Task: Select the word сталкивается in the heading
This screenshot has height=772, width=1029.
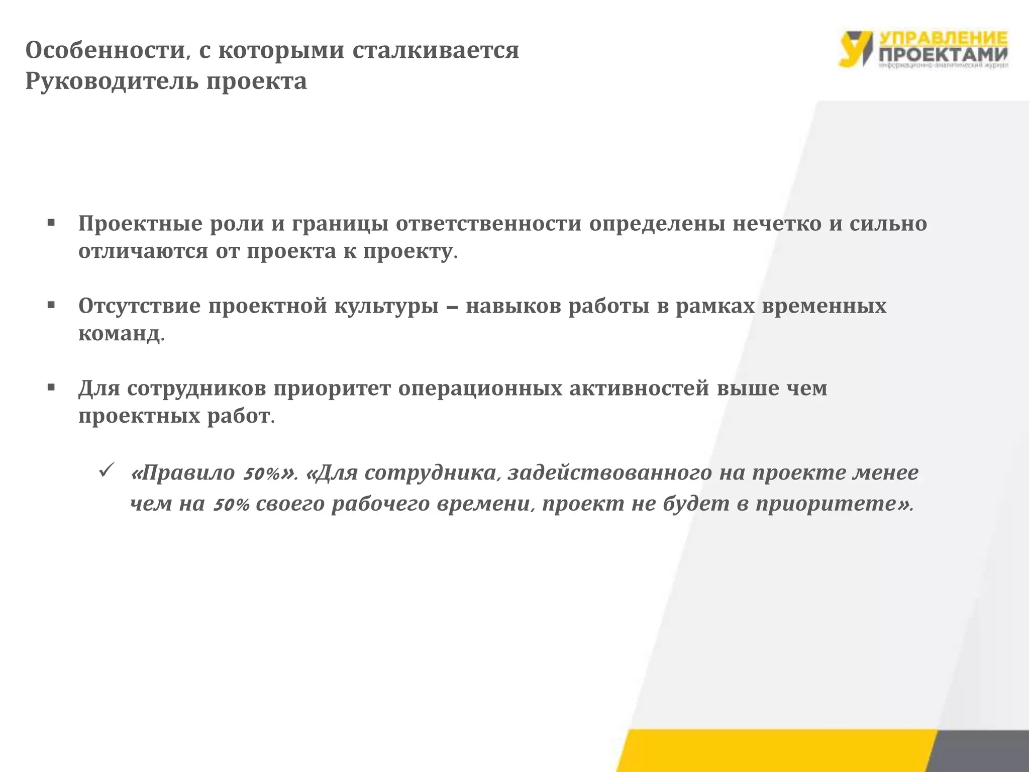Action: (435, 50)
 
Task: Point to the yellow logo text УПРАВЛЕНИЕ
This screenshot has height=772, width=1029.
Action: (944, 38)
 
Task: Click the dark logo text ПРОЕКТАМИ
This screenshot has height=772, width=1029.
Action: (944, 54)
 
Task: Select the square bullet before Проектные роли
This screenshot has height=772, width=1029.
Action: (51, 223)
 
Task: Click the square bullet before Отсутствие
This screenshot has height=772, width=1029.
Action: (51, 305)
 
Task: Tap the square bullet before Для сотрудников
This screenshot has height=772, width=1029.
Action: (51, 387)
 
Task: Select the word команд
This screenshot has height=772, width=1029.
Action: (119, 333)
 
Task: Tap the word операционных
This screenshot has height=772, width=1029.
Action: (480, 388)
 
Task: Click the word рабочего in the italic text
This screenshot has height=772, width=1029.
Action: (382, 504)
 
